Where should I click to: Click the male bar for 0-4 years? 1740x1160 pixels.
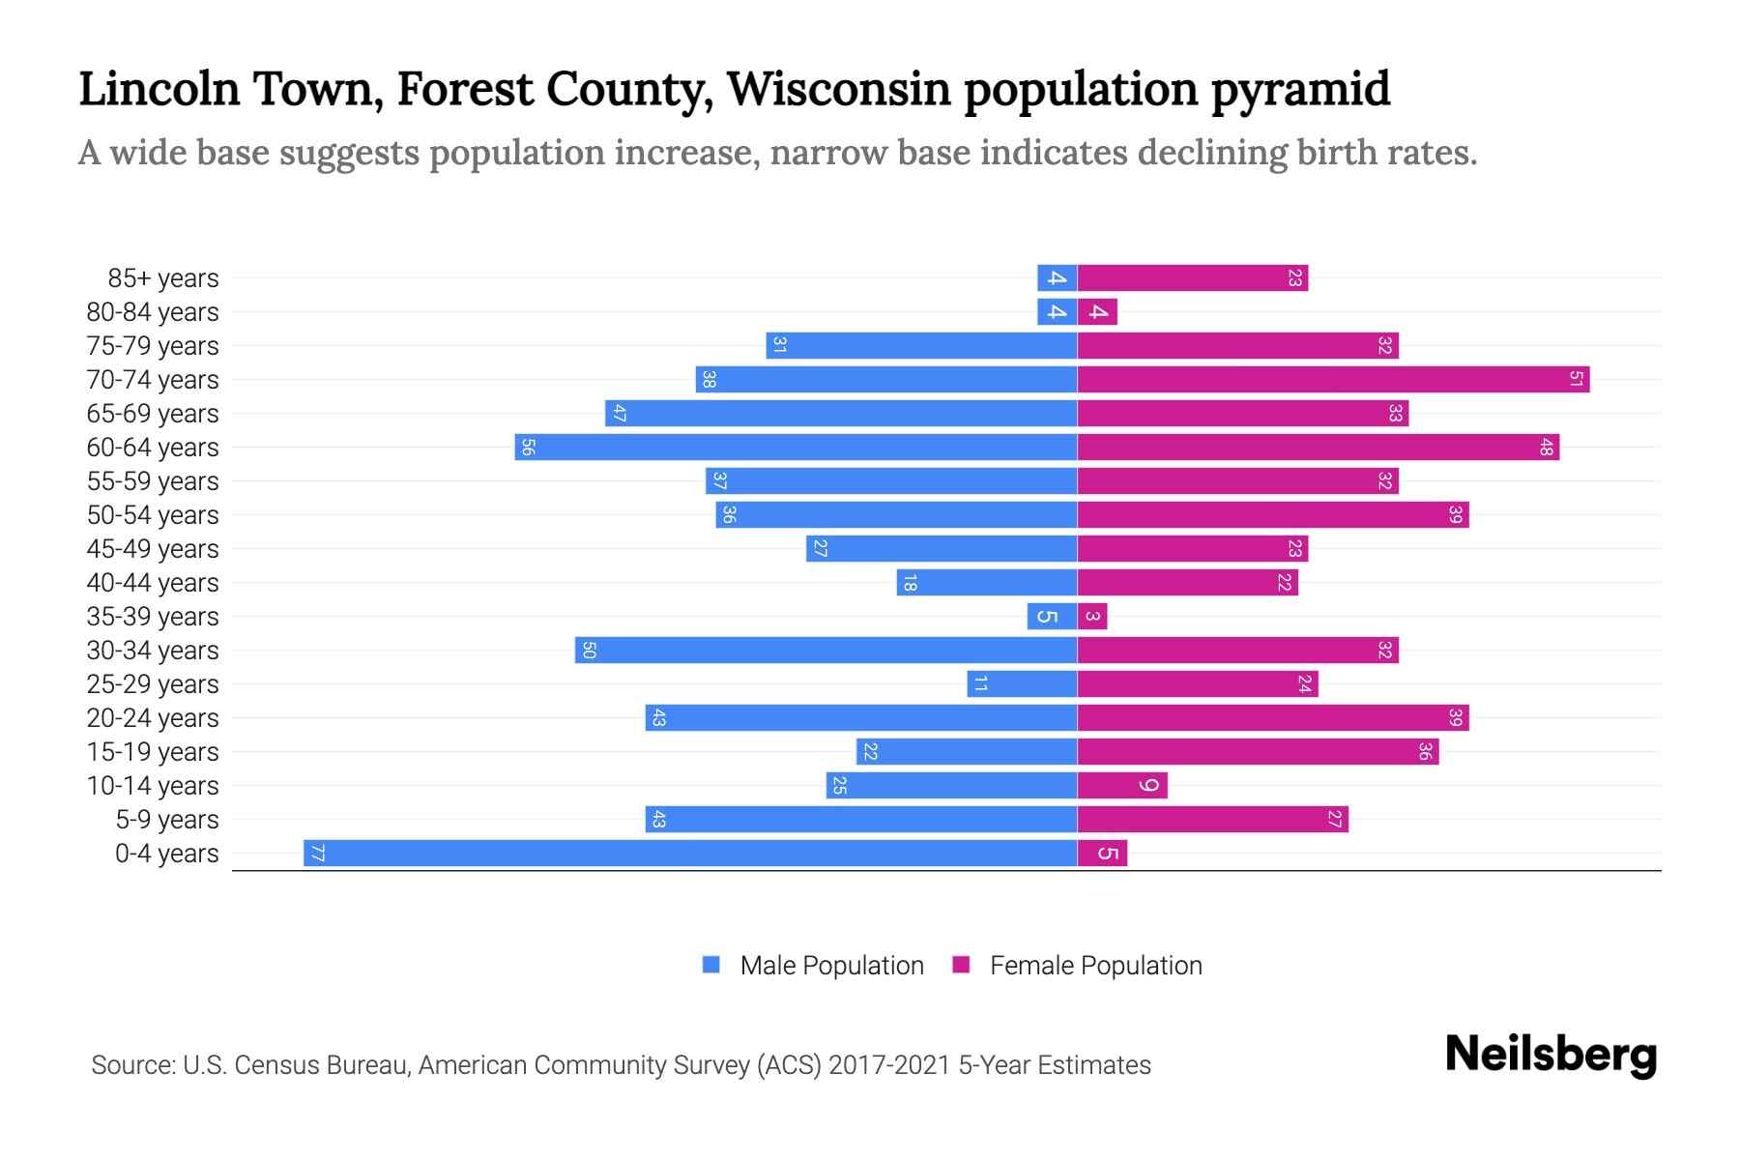pos(690,853)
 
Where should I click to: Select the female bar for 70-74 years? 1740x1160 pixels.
pos(1333,379)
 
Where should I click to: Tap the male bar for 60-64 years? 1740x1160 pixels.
pos(796,447)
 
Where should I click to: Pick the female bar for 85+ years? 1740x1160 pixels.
pos(1192,277)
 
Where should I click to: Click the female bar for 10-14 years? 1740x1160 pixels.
pos(1122,785)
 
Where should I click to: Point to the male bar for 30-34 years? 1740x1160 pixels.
pos(826,650)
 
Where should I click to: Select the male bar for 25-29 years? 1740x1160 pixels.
pos(1022,683)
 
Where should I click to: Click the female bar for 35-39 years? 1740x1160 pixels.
pos(1092,616)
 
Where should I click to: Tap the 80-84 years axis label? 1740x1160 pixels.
pos(153,312)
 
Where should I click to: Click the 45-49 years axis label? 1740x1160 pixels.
pos(153,549)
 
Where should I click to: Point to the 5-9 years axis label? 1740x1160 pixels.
pos(166,820)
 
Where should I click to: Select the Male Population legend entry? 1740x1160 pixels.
pos(813,965)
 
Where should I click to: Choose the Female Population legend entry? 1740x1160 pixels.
pos(1077,965)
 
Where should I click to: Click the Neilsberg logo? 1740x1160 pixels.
pos(1551,1055)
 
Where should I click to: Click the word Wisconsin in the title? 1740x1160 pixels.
pos(839,89)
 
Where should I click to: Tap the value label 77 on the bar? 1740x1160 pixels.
pos(317,853)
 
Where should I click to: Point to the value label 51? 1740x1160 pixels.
pos(1575,379)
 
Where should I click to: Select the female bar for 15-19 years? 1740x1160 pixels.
pos(1258,751)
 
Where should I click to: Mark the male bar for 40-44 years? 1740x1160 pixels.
pos(987,582)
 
